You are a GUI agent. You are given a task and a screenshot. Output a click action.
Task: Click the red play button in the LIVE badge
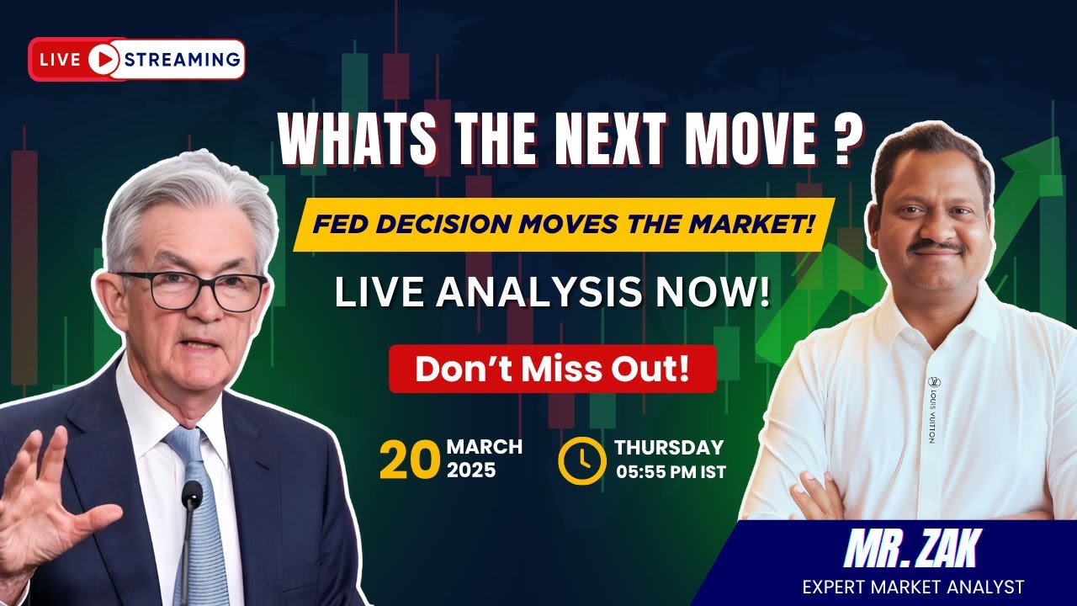(x=103, y=59)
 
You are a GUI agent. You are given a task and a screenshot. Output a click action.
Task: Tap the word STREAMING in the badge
(x=182, y=59)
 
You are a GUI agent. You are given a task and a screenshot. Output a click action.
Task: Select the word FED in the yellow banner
(x=341, y=226)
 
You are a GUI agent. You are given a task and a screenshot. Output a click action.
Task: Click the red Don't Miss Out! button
(x=552, y=369)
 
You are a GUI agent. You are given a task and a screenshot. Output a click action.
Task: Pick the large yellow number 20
(x=410, y=461)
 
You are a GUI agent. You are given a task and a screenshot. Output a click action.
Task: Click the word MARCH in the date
(x=484, y=447)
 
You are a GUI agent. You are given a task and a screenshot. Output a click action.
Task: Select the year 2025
(x=471, y=470)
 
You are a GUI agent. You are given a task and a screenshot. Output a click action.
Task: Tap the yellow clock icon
(x=581, y=460)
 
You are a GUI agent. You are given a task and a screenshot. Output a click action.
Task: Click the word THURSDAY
(x=669, y=448)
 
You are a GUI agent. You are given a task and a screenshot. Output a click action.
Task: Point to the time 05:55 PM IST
(x=671, y=471)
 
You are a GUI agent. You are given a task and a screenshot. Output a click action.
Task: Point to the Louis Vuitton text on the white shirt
(x=932, y=413)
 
